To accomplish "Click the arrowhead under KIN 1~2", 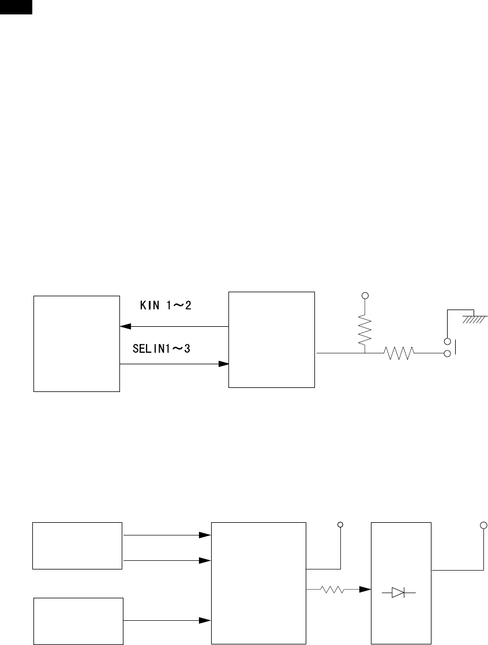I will coord(124,327).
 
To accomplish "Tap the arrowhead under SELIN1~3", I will coord(224,364).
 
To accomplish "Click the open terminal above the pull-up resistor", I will coord(365,296).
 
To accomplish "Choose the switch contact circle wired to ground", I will coord(447,341).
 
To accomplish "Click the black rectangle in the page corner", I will coord(16,6).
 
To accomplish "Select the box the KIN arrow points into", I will coord(76,344).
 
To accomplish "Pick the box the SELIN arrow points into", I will coord(272,340).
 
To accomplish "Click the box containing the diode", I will coord(401,583).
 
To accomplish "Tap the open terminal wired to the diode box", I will coord(483,525).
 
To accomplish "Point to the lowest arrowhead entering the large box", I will coord(204,621).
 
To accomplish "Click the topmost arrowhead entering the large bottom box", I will coord(204,535).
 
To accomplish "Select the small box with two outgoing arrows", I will coord(77,545).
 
